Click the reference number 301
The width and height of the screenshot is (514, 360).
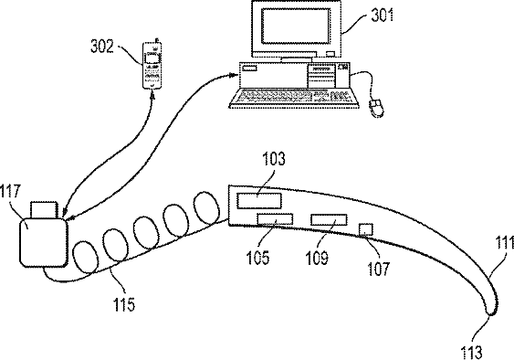pos(383,16)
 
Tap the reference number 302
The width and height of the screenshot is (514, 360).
pos(102,47)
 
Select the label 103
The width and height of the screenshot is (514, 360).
pos(274,159)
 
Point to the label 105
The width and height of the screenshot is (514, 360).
pos(258,258)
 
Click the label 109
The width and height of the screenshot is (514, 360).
pos(317,258)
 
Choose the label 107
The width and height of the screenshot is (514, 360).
pos(379,269)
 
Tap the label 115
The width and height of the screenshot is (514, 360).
pos(124,304)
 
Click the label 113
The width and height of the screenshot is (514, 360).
pos(472,353)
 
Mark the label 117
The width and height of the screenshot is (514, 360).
pos(10,191)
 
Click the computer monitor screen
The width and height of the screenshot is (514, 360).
pos(296,26)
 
